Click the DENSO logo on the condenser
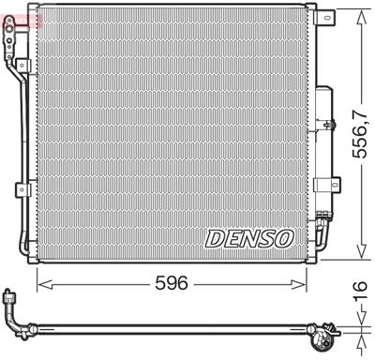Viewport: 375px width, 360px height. (250, 237)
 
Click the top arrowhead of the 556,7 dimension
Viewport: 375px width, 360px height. (359, 13)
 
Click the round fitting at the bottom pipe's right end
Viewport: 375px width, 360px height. (328, 329)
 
